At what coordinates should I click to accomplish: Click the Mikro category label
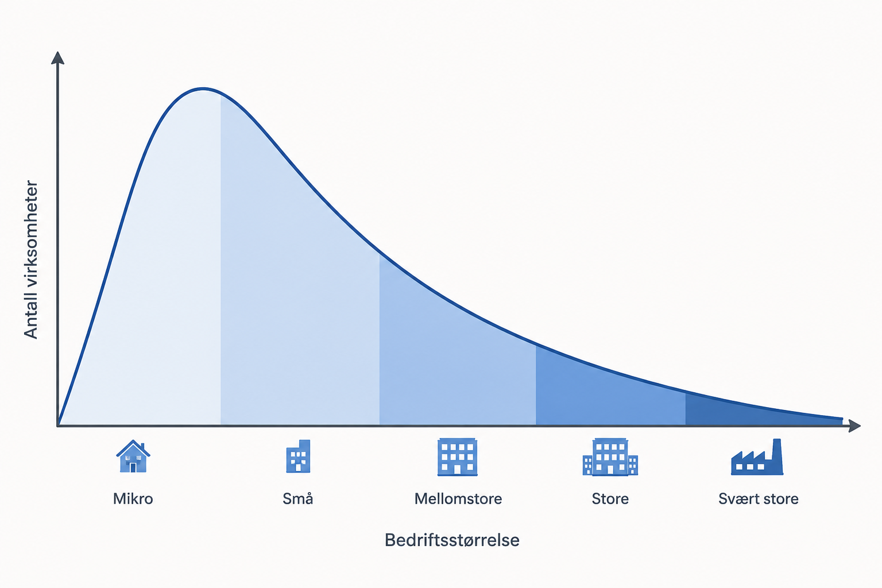133,499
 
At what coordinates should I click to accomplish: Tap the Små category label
297,498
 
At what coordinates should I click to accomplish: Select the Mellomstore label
458,499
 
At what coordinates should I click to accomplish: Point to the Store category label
610,499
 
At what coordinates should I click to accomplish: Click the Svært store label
759,499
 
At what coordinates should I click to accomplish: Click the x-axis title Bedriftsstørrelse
452,540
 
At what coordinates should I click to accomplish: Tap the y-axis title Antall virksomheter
30,260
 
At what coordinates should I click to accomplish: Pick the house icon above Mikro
133,456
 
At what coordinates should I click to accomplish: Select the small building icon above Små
298,456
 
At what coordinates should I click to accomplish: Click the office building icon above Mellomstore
458,457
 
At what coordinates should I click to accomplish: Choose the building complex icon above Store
610,457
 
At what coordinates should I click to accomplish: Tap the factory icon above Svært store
757,457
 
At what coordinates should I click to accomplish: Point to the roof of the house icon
133,447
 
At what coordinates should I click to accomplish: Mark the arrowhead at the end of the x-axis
854,425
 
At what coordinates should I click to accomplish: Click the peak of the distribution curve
203,89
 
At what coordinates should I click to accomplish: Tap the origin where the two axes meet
58,425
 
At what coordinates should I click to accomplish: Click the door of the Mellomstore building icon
458,470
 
